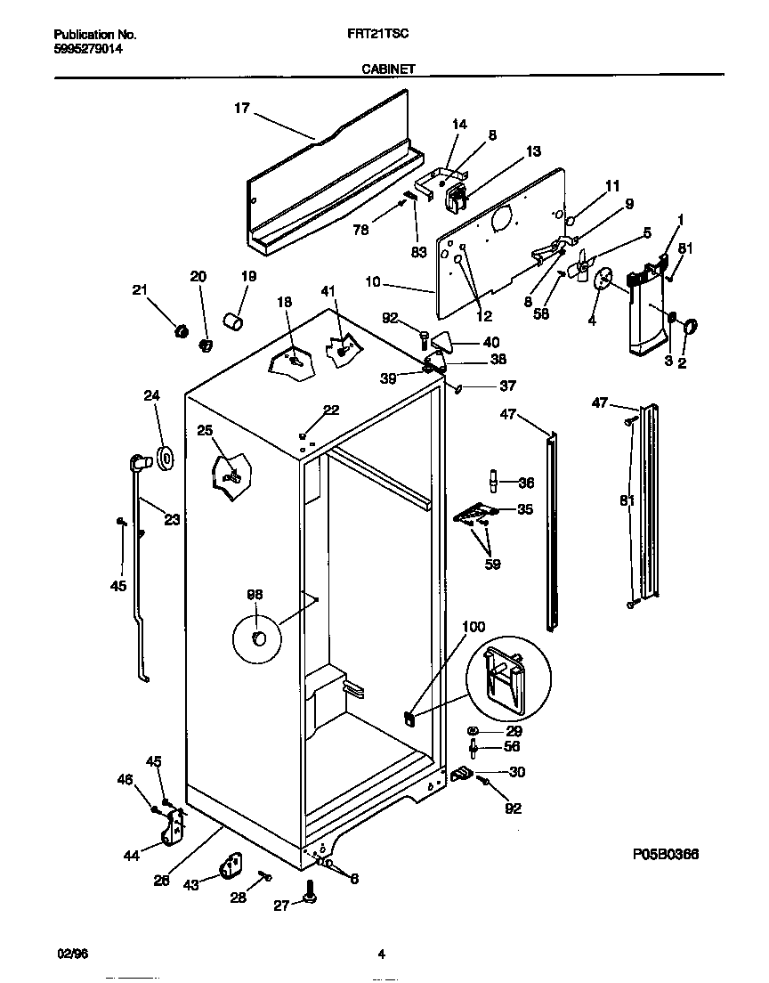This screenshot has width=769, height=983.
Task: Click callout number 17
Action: (x=241, y=109)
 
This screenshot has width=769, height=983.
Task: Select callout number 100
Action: (x=474, y=628)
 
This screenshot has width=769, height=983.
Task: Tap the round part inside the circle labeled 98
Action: (x=259, y=638)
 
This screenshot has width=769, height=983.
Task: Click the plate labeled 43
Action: (x=232, y=866)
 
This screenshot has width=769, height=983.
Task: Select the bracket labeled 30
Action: (x=462, y=776)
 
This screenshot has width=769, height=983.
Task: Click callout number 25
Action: (x=205, y=432)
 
